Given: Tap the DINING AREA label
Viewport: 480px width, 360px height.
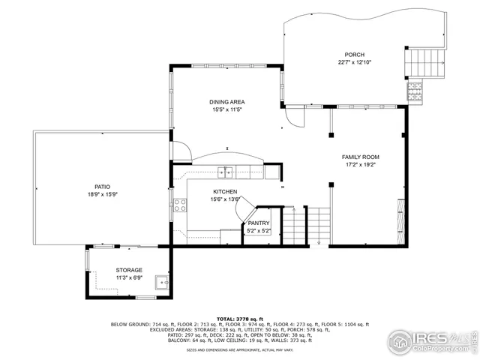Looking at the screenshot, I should click(226, 102).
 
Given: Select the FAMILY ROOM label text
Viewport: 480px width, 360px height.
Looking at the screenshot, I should click(360, 157).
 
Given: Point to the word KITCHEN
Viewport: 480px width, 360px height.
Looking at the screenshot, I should click(224, 192).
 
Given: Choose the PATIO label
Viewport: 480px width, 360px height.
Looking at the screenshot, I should click(103, 186).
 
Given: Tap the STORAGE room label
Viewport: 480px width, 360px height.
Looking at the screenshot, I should click(128, 270).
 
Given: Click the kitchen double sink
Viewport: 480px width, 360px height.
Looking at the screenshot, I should click(226, 173).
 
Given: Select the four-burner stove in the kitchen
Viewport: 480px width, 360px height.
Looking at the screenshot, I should click(180, 205).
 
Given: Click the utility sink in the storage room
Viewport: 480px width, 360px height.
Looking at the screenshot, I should click(160, 283).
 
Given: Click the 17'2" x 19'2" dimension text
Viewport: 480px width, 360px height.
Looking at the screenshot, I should click(360, 164).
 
